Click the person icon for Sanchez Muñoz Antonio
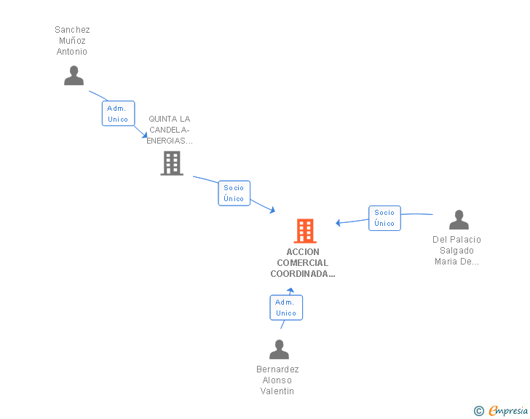(74, 76)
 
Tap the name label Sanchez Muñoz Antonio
(72, 41)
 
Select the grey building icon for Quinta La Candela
(172, 163)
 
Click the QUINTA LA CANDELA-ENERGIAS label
(170, 130)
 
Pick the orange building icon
(305, 231)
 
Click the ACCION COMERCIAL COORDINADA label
(303, 262)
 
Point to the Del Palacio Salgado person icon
(459, 219)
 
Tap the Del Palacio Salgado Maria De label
(456, 251)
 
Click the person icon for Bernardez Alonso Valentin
(279, 349)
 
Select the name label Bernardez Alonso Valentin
(277, 380)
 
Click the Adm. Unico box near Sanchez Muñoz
(118, 114)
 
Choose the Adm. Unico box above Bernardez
(286, 308)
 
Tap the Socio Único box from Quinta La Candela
(234, 193)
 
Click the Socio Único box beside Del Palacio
(384, 219)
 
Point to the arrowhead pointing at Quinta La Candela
(145, 136)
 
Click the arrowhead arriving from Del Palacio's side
(338, 223)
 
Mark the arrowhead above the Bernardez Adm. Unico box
(290, 290)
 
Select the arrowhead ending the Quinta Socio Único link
(272, 210)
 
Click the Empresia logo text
(508, 410)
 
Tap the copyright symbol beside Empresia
(479, 411)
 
